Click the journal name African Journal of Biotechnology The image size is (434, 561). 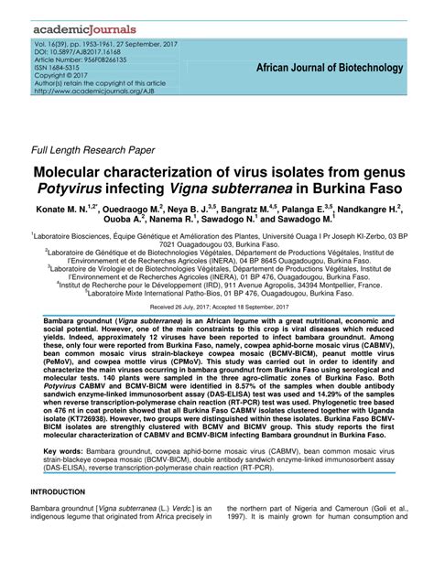tap(330, 68)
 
